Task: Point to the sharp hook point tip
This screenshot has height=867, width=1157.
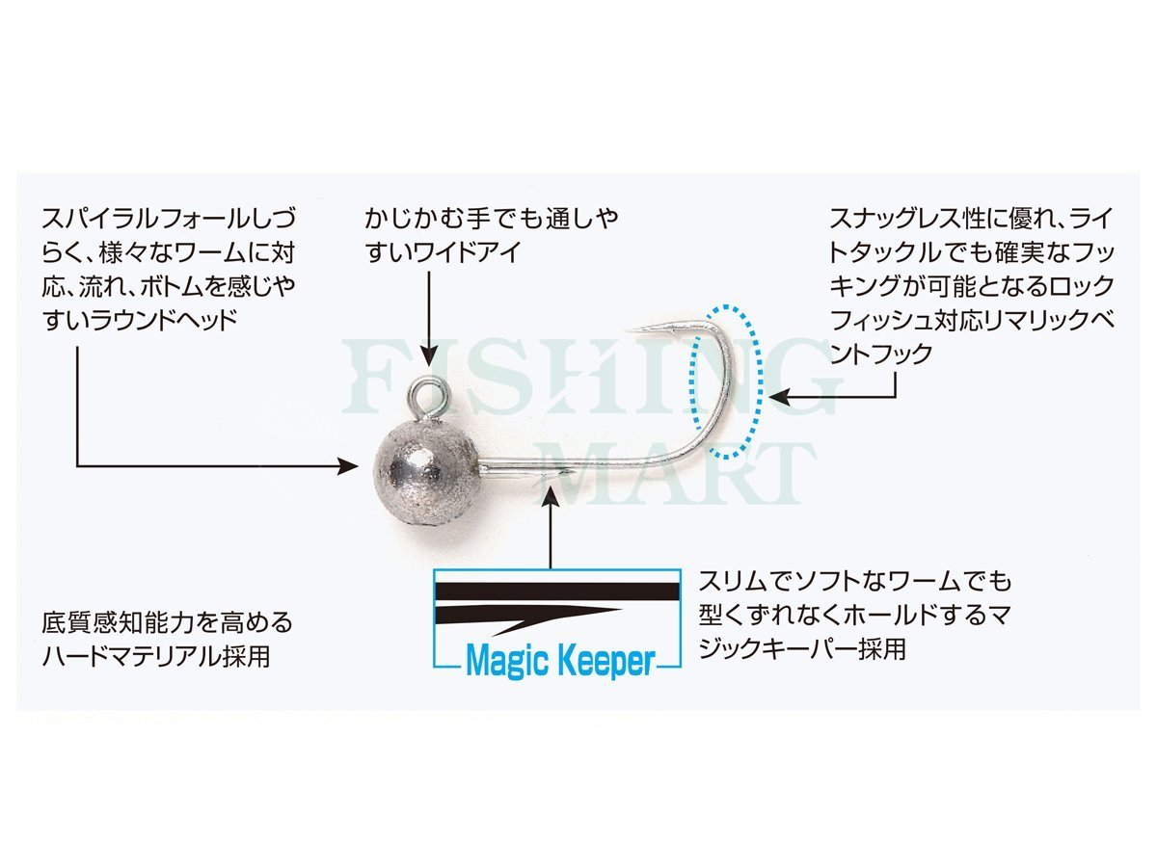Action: click(628, 330)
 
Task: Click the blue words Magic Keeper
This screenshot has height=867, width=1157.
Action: click(560, 660)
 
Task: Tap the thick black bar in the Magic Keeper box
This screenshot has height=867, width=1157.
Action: click(556, 591)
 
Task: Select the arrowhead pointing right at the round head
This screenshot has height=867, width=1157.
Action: click(348, 466)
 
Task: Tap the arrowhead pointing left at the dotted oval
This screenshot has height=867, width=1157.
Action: click(779, 396)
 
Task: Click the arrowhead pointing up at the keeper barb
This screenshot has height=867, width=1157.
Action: click(551, 497)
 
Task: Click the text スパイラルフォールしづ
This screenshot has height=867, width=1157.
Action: click(169, 219)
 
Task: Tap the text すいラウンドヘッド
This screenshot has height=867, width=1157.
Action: click(140, 320)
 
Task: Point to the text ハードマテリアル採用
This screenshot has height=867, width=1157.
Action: click(156, 656)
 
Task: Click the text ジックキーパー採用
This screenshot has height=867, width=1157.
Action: click(802, 648)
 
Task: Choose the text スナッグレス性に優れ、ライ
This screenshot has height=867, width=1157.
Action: click(971, 219)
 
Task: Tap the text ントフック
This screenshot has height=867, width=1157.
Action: click(881, 354)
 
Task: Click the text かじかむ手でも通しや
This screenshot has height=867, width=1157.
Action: click(492, 219)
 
